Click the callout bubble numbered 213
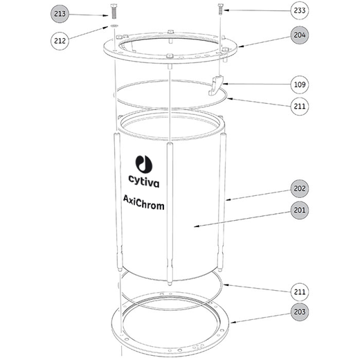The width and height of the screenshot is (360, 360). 60,14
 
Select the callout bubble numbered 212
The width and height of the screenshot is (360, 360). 60,41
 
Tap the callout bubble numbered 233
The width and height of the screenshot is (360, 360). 300,10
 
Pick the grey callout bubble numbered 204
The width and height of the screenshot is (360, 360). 300,35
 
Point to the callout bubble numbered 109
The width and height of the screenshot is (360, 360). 300,84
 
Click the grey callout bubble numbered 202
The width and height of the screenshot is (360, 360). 300,188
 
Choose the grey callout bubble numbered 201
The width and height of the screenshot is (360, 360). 300,210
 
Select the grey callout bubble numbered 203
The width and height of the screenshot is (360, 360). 300,312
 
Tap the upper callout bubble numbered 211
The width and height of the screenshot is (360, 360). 300,106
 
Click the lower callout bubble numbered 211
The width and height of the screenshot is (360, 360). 300,292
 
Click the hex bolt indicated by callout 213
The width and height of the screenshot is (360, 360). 114,12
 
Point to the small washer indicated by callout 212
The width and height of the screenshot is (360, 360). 114,25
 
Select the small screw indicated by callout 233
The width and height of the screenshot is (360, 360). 221,9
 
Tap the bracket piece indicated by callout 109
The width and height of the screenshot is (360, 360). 216,85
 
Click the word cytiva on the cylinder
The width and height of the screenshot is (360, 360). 144,181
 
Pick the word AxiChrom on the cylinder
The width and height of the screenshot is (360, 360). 143,203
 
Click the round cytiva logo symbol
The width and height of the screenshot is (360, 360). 144,164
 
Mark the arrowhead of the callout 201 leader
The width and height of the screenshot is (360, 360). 196,226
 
